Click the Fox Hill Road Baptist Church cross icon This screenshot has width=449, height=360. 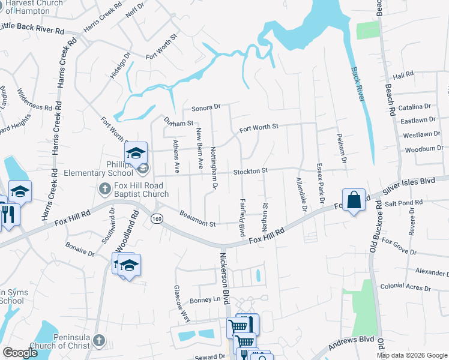(x=104, y=189)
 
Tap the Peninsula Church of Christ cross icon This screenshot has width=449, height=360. (x=98, y=341)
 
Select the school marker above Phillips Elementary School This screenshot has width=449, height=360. (x=136, y=154)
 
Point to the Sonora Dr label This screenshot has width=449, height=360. (x=206, y=108)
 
